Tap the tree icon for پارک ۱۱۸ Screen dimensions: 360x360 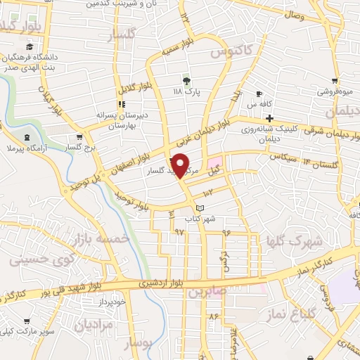(186, 80)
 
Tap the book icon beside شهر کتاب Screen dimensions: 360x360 (200, 208)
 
